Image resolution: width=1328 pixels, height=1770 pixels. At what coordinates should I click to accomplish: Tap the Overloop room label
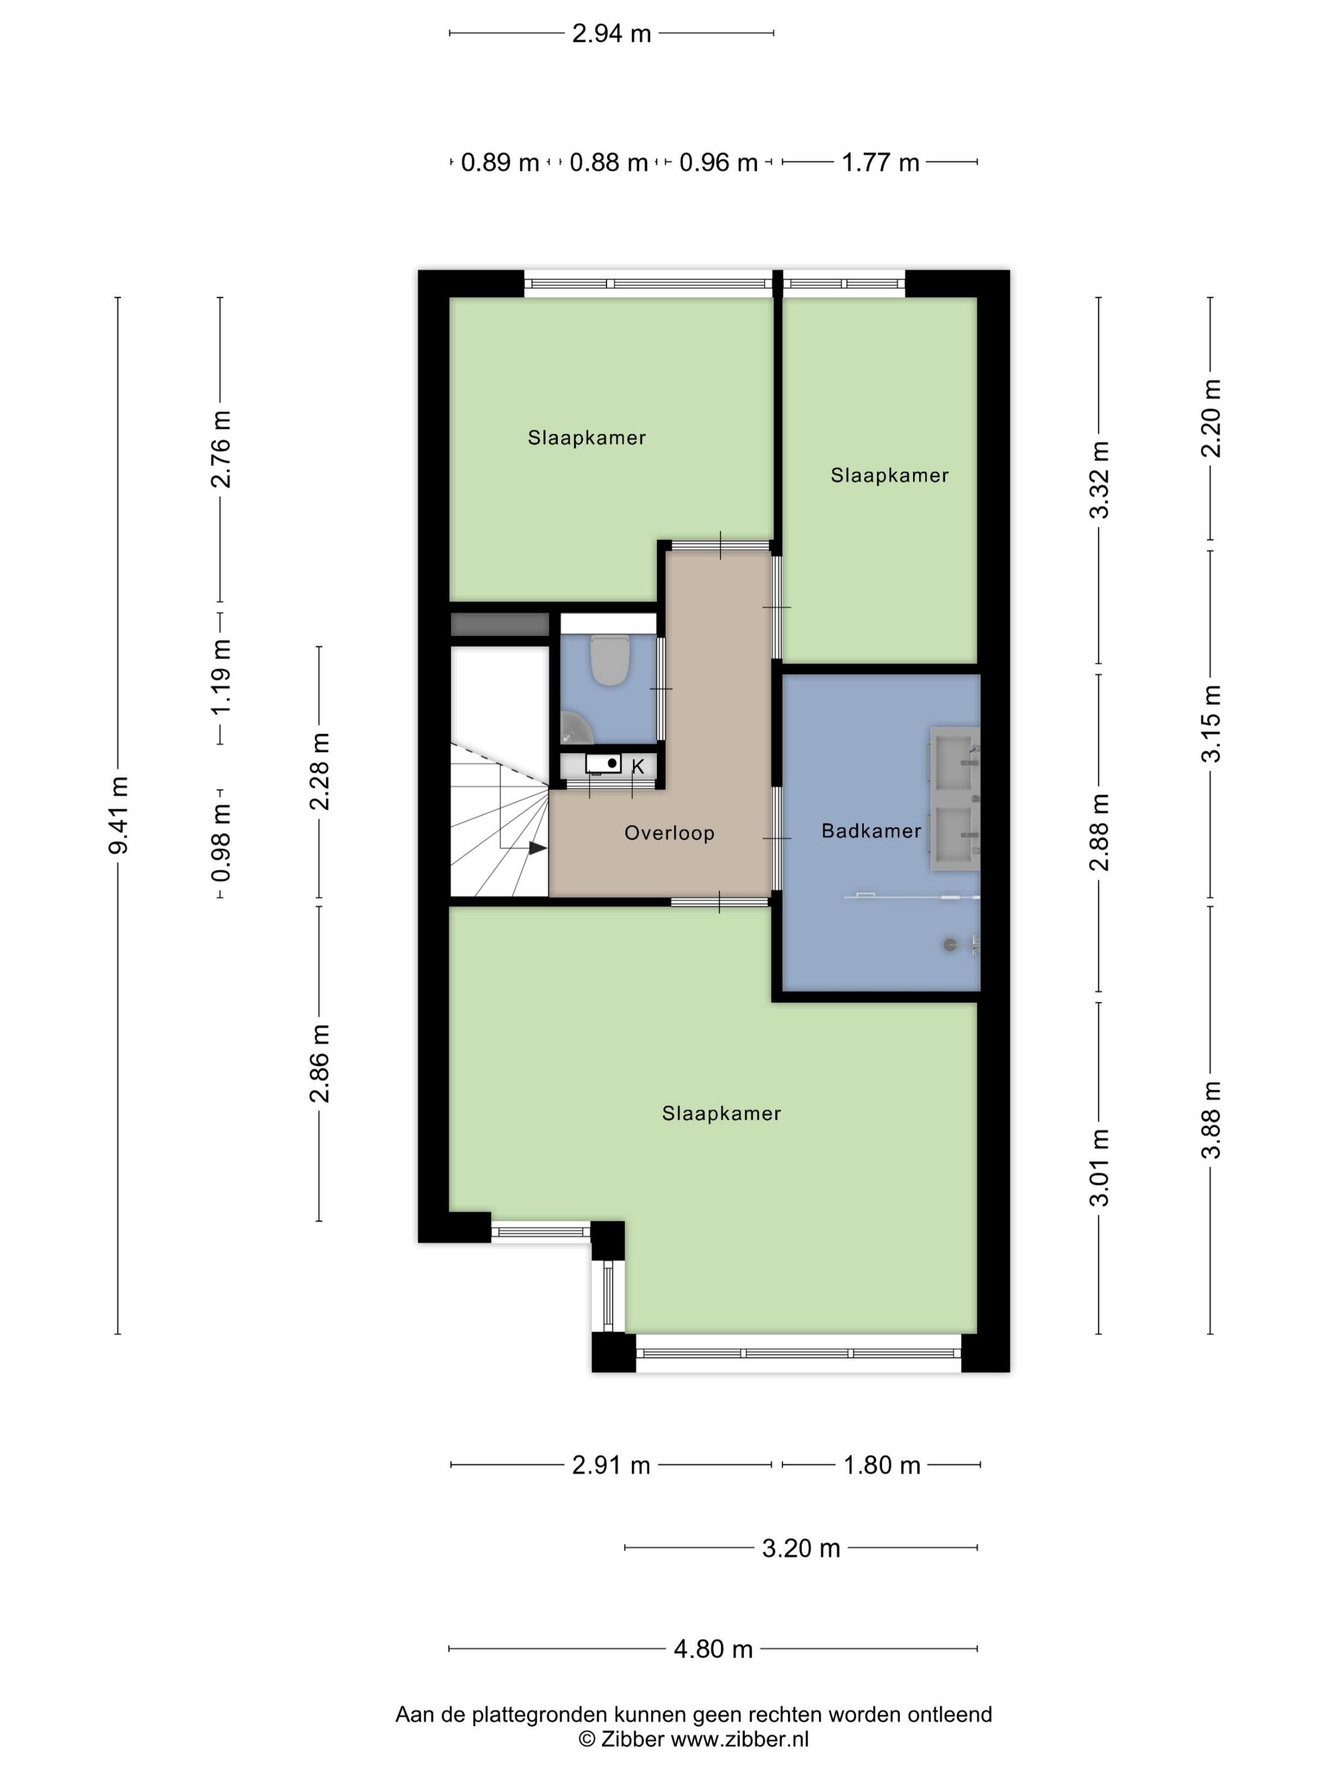point(669,833)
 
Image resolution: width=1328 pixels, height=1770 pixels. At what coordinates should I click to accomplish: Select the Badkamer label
point(871,831)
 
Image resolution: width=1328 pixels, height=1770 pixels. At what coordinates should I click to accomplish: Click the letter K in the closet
point(638,767)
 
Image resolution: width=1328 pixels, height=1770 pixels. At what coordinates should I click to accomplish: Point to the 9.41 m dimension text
point(118,815)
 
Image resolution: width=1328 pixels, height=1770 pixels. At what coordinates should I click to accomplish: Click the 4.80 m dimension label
point(713,1649)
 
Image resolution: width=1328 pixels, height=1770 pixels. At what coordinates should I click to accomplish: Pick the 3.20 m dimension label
point(801,1548)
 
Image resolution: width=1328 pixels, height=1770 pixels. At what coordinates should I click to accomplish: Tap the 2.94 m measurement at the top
point(612,34)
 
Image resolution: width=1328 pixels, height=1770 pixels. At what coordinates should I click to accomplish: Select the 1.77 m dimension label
point(880,163)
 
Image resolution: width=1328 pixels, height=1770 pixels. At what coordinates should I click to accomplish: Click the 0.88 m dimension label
point(608,163)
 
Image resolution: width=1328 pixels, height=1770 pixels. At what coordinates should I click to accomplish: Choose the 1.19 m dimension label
point(220,676)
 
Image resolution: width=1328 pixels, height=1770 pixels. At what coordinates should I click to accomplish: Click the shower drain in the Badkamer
point(949,944)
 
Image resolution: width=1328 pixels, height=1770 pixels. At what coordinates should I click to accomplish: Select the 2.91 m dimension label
point(611,1465)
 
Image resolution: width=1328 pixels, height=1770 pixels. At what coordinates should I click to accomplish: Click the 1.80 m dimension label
point(882,1465)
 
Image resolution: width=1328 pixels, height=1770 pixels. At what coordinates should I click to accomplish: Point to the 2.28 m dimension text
point(319,771)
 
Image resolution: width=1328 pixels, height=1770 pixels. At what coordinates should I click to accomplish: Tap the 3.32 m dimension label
point(1100,479)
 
